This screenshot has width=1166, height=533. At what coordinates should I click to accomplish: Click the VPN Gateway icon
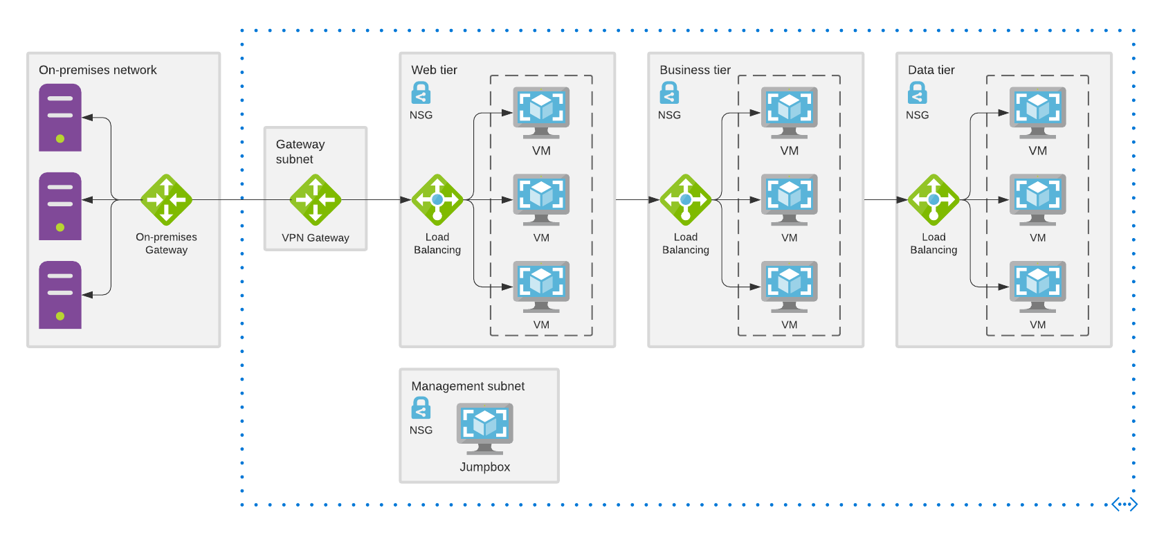pos(316,200)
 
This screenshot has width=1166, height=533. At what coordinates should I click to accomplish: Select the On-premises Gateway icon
pos(166,200)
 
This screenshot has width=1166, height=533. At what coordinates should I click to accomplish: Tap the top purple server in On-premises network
pos(60,118)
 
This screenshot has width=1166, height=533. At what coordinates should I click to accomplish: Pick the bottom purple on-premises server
pos(60,295)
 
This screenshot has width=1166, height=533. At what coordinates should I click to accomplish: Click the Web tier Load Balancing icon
pos(437,200)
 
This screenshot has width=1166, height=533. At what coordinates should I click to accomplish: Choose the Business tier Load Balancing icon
pos(686,200)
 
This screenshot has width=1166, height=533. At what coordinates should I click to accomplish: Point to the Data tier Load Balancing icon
pos(933,200)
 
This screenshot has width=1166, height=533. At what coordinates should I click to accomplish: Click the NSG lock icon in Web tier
pos(421,93)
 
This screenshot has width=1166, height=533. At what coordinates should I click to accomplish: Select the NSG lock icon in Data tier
pos(918,93)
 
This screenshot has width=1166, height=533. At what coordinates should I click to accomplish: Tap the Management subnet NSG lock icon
pos(421,408)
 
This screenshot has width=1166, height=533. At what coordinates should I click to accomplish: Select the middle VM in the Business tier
pos(790,199)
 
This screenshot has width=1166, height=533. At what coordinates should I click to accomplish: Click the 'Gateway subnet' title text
pos(300,152)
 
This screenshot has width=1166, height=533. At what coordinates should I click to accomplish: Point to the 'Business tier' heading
pos(695,70)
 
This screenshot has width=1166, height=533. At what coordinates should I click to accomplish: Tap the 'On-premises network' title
pos(98,70)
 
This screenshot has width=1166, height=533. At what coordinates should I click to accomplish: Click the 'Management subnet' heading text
pos(468,386)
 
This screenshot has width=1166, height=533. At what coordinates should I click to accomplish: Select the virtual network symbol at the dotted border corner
pos(1124,505)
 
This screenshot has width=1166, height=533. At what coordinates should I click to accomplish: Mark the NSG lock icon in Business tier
pos(669,93)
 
